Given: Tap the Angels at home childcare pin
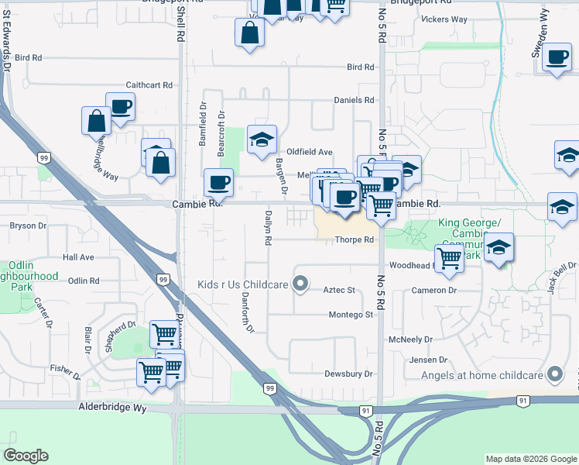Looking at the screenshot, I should point(554,375).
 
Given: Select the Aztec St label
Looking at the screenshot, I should point(338,290).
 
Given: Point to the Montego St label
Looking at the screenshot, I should point(351,315).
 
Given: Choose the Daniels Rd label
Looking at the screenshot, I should point(354,101).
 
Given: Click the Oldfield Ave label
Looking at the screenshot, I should point(310,152).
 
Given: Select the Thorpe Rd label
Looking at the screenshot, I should point(355,240).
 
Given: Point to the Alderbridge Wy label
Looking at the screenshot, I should point(112,406).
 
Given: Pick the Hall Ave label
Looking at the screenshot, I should point(78,257).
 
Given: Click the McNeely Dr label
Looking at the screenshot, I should point(411,339).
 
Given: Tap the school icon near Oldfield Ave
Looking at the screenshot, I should point(262,139).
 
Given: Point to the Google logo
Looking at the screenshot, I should point(26,456).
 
